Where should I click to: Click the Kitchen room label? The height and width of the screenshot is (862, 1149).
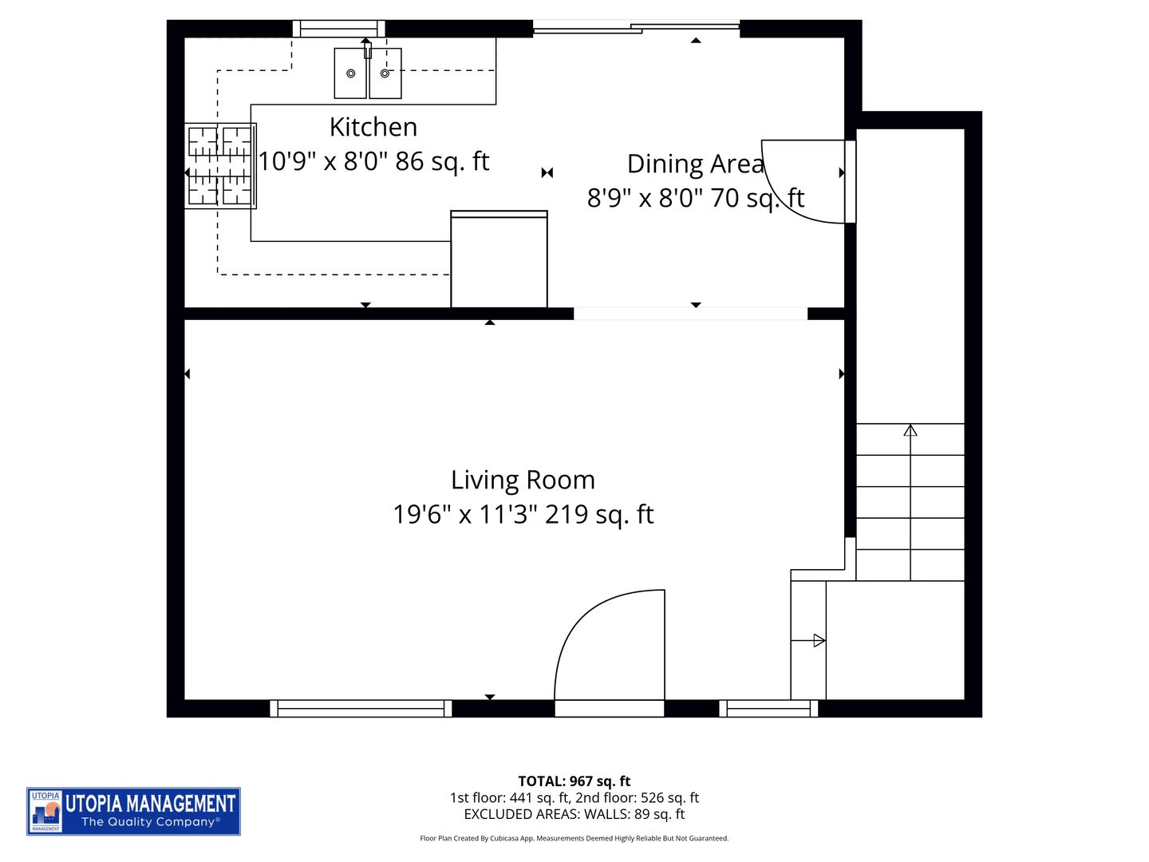click(373, 127)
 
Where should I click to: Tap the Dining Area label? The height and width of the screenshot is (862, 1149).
click(695, 164)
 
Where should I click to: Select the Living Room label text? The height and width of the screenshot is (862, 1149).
click(523, 480)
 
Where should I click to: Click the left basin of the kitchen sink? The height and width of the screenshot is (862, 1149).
click(350, 73)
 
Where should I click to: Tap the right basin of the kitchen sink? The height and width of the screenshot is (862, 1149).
click(385, 73)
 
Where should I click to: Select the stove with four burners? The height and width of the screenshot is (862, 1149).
click(219, 165)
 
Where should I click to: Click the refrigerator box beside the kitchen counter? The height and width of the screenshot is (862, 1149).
click(499, 259)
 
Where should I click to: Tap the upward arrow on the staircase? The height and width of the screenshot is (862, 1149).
click(910, 431)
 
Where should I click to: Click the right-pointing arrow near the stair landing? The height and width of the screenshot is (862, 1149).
click(818, 640)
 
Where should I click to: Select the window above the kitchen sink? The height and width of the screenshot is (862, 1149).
click(339, 30)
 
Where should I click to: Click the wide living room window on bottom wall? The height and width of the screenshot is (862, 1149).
click(361, 708)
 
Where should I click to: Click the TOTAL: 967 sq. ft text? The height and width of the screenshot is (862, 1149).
click(574, 781)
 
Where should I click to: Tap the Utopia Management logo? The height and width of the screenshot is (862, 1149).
click(133, 811)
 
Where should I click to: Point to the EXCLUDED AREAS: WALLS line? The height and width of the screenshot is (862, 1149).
click(574, 814)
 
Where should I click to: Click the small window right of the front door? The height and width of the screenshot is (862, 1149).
click(768, 708)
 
